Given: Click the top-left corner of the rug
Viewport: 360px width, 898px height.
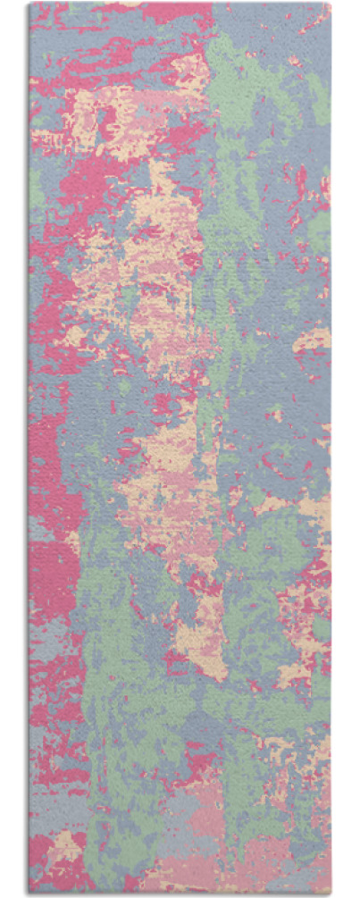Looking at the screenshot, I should coord(29,4).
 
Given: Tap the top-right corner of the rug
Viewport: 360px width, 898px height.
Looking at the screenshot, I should coord(331,4).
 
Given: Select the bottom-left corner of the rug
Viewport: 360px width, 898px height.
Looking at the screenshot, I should coord(29,894).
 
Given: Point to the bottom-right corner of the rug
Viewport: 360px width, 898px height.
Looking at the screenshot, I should coord(331,894).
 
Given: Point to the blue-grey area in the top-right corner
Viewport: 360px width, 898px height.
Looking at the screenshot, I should coord(295,27).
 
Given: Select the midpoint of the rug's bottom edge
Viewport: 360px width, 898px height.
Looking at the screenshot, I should coord(180,894).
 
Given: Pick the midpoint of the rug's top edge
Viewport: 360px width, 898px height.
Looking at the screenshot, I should coord(180,4).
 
